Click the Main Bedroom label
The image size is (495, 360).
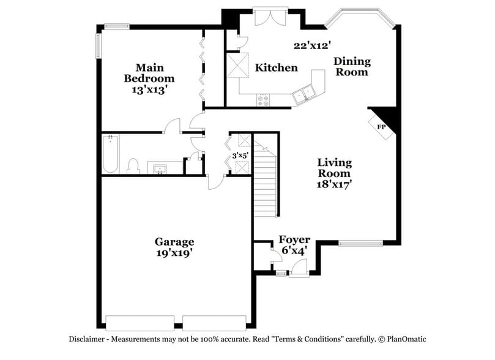(x=149, y=73)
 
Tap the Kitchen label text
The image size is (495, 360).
(x=277, y=67)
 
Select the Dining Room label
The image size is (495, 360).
(x=351, y=67)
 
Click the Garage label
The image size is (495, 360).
(x=174, y=241)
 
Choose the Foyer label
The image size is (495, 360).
(x=294, y=239)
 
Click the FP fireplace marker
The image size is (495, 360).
(x=381, y=127)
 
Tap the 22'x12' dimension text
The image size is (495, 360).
(x=312, y=45)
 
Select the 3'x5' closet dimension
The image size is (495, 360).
(x=240, y=156)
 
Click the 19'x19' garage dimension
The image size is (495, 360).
(x=174, y=252)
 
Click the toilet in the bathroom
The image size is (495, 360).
(x=133, y=166)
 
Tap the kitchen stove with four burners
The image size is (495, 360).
(x=264, y=99)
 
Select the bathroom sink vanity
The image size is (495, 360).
(x=162, y=167)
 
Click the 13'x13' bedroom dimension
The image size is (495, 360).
(x=149, y=89)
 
